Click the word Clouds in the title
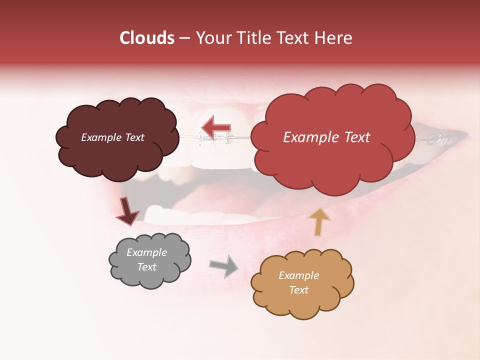146,38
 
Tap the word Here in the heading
334,38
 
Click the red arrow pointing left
215,127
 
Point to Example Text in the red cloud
326,137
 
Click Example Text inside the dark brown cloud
112,137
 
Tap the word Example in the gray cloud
146,252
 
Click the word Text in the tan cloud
298,290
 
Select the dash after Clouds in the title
184,38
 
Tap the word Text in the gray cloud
146,267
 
